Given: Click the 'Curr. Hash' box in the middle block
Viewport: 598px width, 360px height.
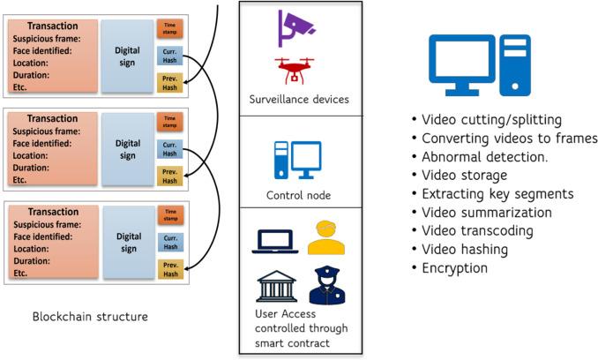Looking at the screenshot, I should pos(169,150).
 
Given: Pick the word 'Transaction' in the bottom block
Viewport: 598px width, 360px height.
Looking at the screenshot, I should pos(52,213).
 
